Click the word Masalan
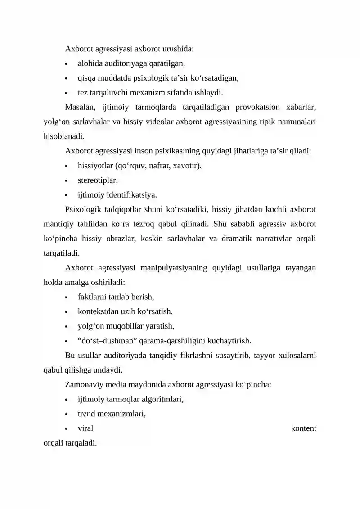click(80, 107)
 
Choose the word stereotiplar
click(98, 180)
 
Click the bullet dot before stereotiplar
click(67, 181)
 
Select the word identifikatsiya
click(127, 195)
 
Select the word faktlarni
click(93, 297)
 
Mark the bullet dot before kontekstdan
click(67, 312)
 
